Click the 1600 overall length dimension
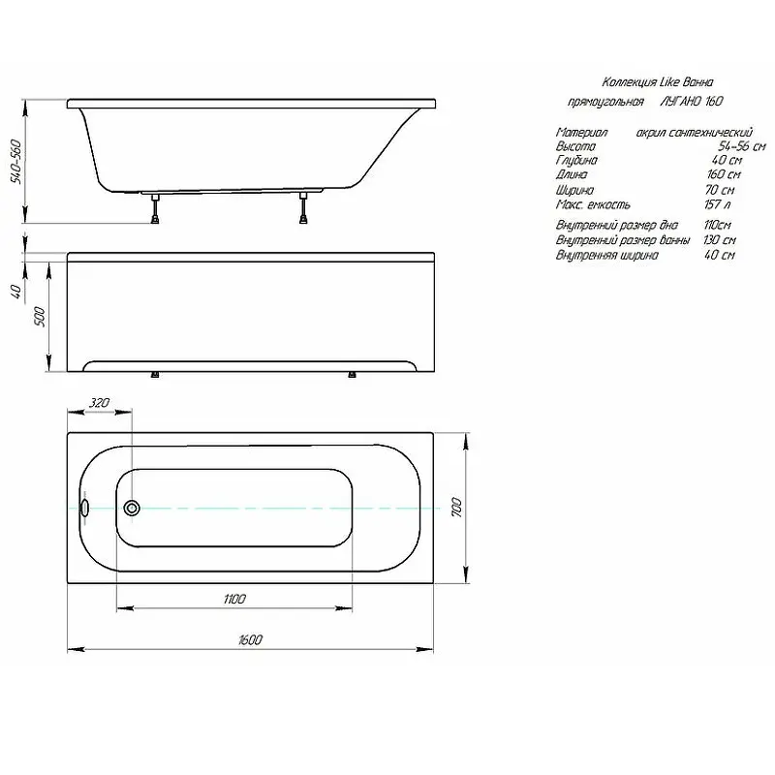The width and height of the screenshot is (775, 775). (x=250, y=639)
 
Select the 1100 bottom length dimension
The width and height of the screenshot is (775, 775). (x=234, y=599)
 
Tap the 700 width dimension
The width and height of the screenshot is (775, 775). (x=456, y=508)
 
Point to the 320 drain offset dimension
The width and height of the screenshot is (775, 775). (x=99, y=403)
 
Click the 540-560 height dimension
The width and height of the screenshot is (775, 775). (x=16, y=162)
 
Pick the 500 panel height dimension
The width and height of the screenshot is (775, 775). (x=40, y=317)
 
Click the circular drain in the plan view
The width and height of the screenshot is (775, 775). (x=132, y=508)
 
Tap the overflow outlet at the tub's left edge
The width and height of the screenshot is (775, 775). (x=84, y=508)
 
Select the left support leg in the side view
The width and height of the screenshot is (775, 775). (x=156, y=208)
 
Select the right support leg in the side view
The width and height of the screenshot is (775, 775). (x=303, y=208)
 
